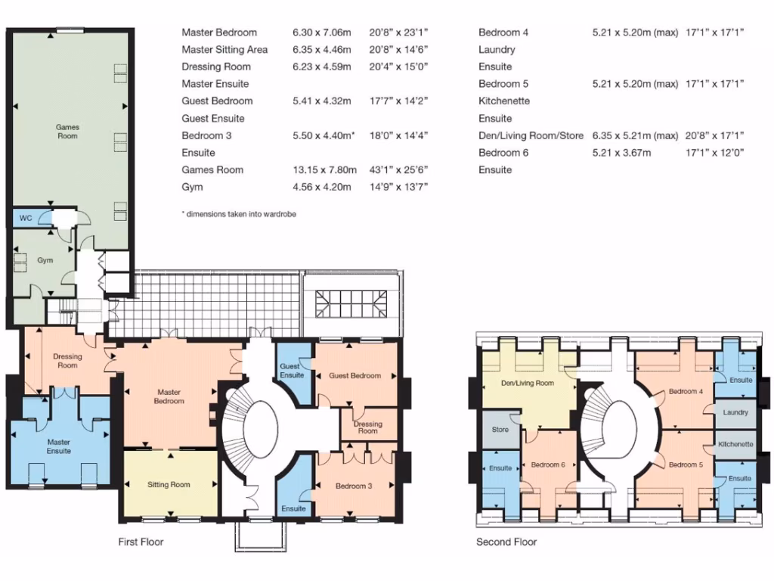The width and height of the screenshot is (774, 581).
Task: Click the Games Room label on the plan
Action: click(x=67, y=132)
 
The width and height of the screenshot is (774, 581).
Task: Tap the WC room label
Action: click(x=25, y=218)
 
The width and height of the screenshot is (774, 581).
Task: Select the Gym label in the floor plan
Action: click(x=45, y=260)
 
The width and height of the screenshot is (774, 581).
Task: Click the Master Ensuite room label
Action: click(x=58, y=446)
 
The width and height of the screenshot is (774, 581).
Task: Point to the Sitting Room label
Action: click(x=169, y=484)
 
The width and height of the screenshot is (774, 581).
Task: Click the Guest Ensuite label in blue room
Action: click(x=292, y=371)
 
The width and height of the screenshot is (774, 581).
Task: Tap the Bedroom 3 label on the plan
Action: click(x=354, y=486)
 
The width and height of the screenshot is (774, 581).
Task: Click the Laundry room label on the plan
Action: click(x=735, y=412)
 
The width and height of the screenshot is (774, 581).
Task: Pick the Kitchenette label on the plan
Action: click(x=735, y=444)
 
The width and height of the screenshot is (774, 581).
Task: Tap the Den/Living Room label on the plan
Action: click(x=528, y=383)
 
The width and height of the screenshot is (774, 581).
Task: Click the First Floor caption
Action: click(x=141, y=542)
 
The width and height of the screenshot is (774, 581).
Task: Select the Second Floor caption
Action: click(x=506, y=542)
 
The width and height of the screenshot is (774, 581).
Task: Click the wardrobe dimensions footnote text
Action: click(x=239, y=214)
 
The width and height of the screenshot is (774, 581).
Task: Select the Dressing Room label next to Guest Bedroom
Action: click(x=368, y=427)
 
